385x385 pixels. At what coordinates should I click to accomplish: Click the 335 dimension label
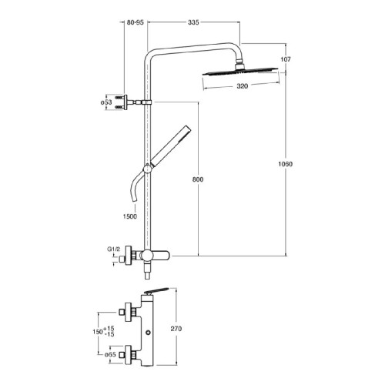193,22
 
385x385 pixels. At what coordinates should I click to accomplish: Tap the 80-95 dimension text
136,22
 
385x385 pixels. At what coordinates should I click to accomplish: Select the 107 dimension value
286,59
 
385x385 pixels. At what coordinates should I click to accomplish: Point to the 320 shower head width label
243,86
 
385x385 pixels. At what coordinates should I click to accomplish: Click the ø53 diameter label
106,102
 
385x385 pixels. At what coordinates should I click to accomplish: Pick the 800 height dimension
198,179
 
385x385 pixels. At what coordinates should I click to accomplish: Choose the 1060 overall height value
286,164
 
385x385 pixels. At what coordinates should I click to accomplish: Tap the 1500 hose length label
130,216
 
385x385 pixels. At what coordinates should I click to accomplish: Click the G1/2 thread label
113,249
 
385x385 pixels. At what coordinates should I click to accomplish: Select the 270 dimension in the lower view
176,329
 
